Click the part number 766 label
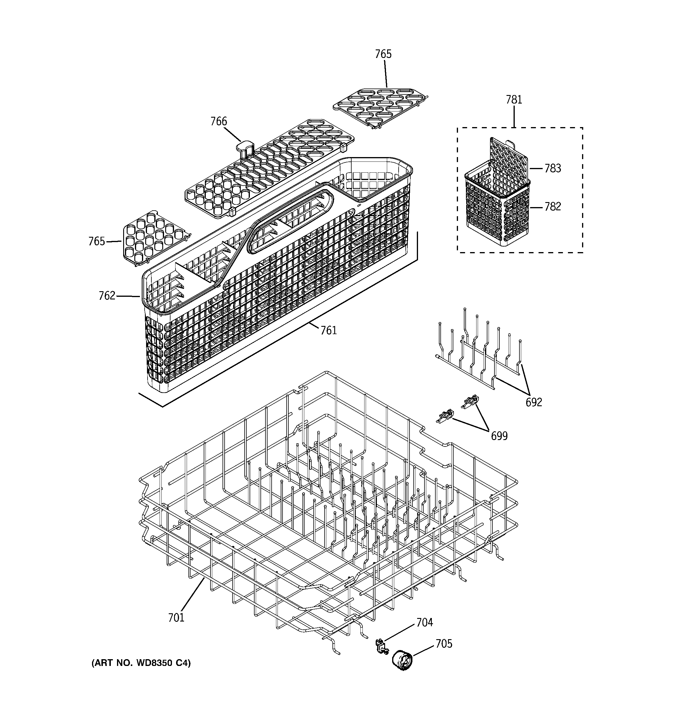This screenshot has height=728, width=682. [x=218, y=121]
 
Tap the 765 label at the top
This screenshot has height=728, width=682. [x=383, y=54]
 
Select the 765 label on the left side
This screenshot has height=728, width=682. [x=97, y=241]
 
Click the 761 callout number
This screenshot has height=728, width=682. [x=328, y=330]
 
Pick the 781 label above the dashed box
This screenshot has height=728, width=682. [x=514, y=100]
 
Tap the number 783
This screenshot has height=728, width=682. [x=552, y=169]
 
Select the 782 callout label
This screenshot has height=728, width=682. [x=552, y=207]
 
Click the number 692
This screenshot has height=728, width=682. [x=533, y=402]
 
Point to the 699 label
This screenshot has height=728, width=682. [x=499, y=436]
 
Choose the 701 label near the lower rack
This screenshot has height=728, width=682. [x=176, y=618]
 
